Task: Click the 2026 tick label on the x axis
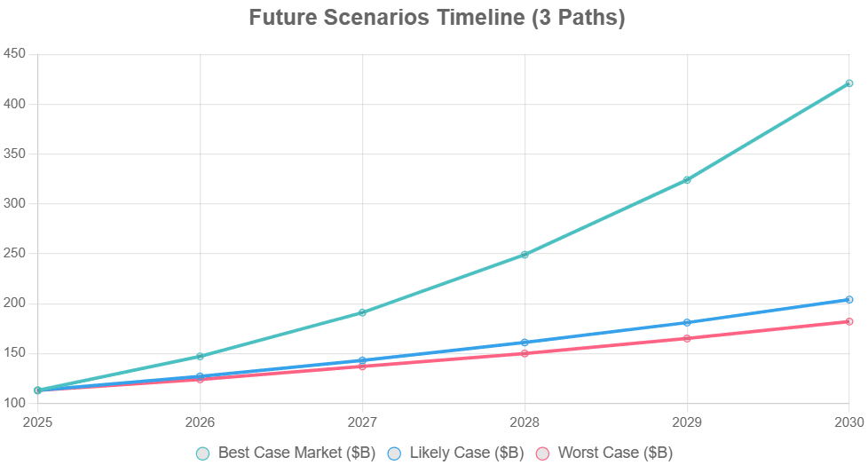201,415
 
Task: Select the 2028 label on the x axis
525,415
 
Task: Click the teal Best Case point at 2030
849,83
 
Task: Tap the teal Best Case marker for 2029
687,180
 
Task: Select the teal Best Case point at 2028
525,255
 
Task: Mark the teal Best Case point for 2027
362,312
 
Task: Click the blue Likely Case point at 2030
849,300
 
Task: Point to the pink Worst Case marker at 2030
849,321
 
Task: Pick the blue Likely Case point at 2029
687,322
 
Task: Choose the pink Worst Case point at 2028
525,353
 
